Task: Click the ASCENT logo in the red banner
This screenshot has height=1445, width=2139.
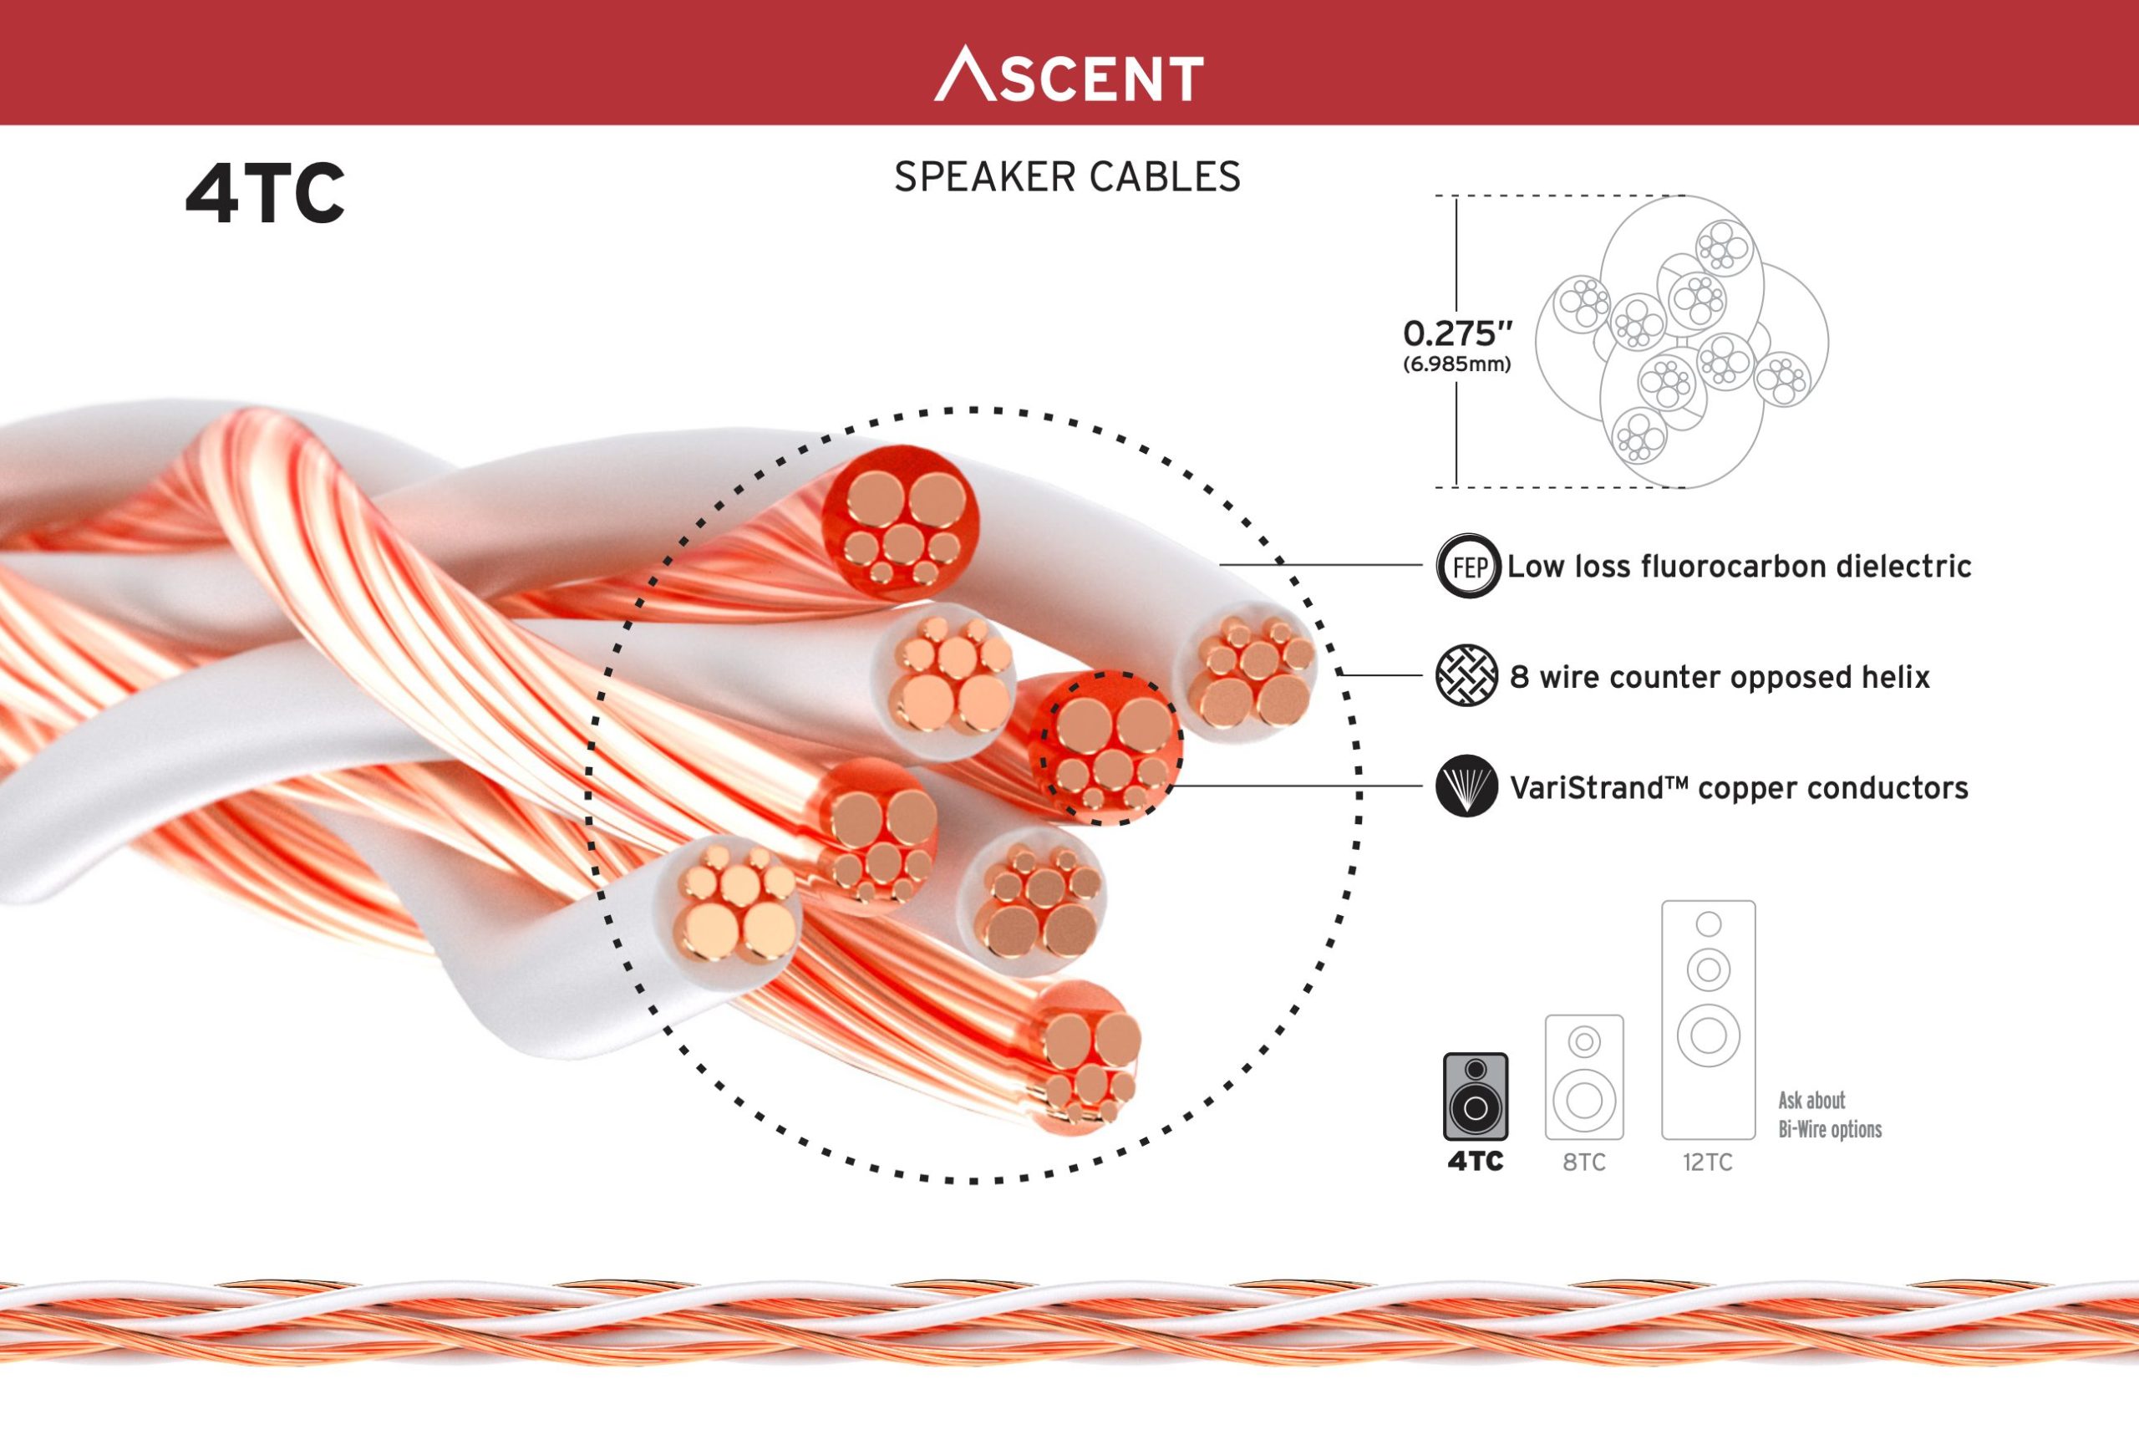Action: click(x=1069, y=75)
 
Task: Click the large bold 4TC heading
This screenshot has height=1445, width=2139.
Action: click(x=265, y=194)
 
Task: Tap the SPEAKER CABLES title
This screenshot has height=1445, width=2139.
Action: click(x=1067, y=176)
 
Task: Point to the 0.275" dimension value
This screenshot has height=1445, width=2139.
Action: click(x=1457, y=333)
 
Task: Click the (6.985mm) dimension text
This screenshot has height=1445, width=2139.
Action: click(x=1457, y=364)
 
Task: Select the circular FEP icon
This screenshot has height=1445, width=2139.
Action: click(x=1468, y=566)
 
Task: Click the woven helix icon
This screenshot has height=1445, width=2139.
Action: click(x=1466, y=675)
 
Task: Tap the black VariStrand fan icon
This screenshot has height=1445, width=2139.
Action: click(x=1466, y=786)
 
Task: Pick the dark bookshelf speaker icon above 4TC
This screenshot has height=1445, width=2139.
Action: click(x=1476, y=1097)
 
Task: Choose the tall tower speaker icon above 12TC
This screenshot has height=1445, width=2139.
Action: click(x=1708, y=1020)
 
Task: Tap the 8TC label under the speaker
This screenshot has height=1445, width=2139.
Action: click(x=1584, y=1163)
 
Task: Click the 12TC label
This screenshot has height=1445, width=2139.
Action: click(x=1707, y=1163)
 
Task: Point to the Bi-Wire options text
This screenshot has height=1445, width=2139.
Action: click(x=1830, y=1128)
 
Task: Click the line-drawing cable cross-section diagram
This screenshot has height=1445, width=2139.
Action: click(x=1682, y=342)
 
